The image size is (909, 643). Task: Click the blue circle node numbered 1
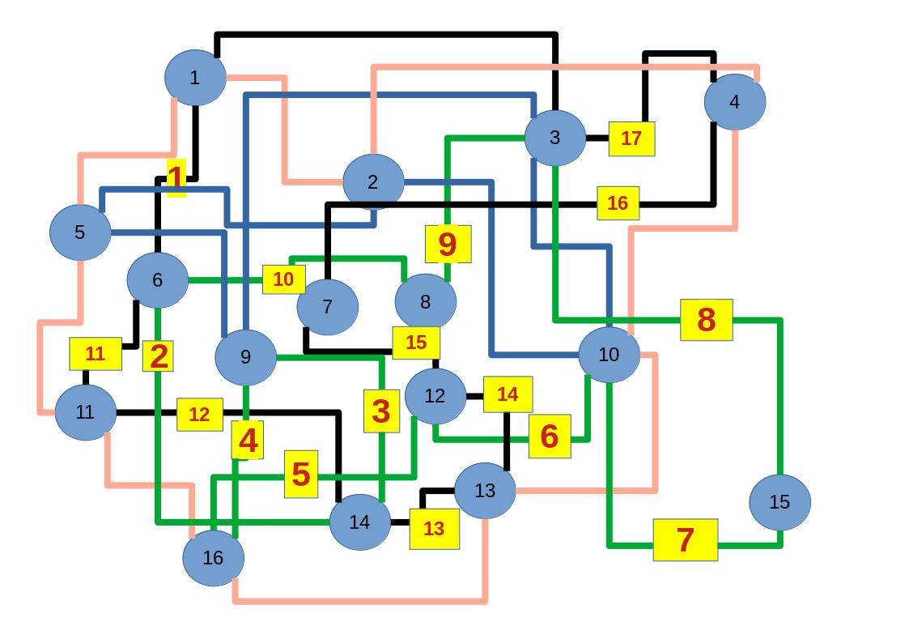(195, 78)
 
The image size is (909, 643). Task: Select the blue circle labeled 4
(734, 102)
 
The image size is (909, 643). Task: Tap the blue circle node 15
(779, 502)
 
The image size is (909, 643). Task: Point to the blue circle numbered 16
(213, 557)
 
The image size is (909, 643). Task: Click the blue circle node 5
(80, 232)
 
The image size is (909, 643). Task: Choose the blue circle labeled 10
(609, 355)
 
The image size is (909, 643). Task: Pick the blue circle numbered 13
(485, 490)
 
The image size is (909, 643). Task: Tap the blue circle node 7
(327, 307)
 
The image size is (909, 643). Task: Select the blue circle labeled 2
(373, 182)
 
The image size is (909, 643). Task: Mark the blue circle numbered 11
(85, 412)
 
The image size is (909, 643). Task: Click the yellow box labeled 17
(631, 138)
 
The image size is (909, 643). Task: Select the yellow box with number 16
(618, 203)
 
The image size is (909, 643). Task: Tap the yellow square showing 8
(706, 320)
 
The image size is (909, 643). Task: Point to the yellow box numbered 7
(685, 539)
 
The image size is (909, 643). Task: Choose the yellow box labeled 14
(508, 394)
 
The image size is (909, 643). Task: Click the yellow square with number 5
(301, 474)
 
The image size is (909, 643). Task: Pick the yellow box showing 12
(199, 415)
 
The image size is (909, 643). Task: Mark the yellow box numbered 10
(283, 279)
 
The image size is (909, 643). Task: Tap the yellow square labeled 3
(381, 411)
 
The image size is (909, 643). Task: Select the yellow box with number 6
(550, 436)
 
